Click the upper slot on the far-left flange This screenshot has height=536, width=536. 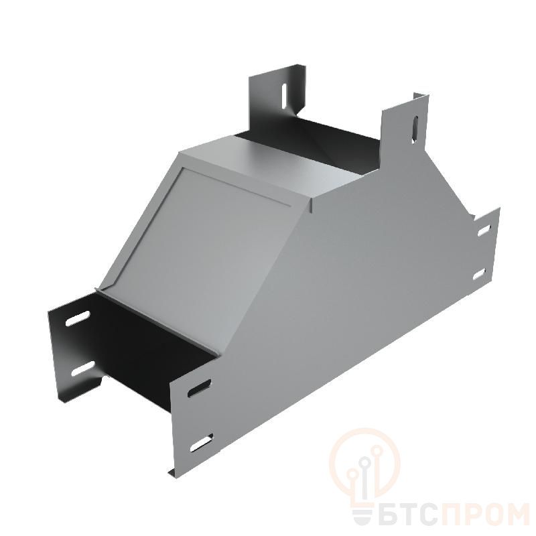click(x=78, y=318)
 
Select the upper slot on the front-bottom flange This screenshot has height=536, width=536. click(x=199, y=389)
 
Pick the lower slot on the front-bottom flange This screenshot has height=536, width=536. click(x=202, y=443)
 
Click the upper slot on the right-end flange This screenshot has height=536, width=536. click(x=484, y=230)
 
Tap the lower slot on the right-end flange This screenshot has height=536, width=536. click(x=480, y=274)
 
